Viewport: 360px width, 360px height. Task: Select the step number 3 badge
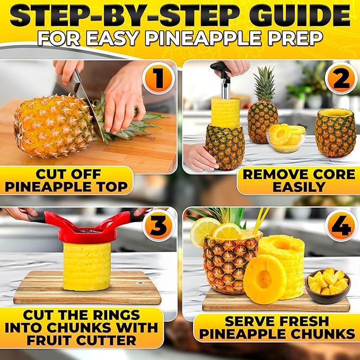point(157,225)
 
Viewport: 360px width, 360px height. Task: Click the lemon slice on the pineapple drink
point(204,231)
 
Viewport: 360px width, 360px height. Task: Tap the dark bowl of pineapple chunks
point(328,286)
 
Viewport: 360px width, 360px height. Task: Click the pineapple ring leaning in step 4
point(265,279)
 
